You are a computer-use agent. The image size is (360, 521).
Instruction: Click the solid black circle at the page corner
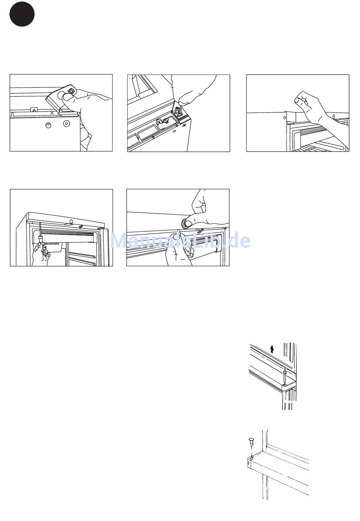[x=22, y=14]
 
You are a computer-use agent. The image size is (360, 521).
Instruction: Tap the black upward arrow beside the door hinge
[x=272, y=348]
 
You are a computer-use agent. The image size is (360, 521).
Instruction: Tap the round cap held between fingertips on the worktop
[x=185, y=223]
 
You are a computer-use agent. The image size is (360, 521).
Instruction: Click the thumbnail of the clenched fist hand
[x=297, y=100]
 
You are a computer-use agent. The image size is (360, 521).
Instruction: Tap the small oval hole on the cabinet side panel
[x=285, y=118]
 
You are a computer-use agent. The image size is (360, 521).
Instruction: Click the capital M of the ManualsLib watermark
[x=117, y=241]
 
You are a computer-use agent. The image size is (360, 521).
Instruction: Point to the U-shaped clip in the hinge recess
[x=161, y=121]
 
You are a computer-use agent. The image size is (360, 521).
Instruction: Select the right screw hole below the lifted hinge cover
[x=66, y=123]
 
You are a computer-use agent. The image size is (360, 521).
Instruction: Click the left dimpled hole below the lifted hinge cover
[x=48, y=125]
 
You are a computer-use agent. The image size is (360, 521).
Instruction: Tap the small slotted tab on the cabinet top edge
[x=34, y=109]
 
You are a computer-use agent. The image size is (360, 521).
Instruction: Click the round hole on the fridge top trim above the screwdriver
[x=71, y=221]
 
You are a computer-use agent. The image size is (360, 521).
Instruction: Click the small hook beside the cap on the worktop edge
[x=200, y=230]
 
